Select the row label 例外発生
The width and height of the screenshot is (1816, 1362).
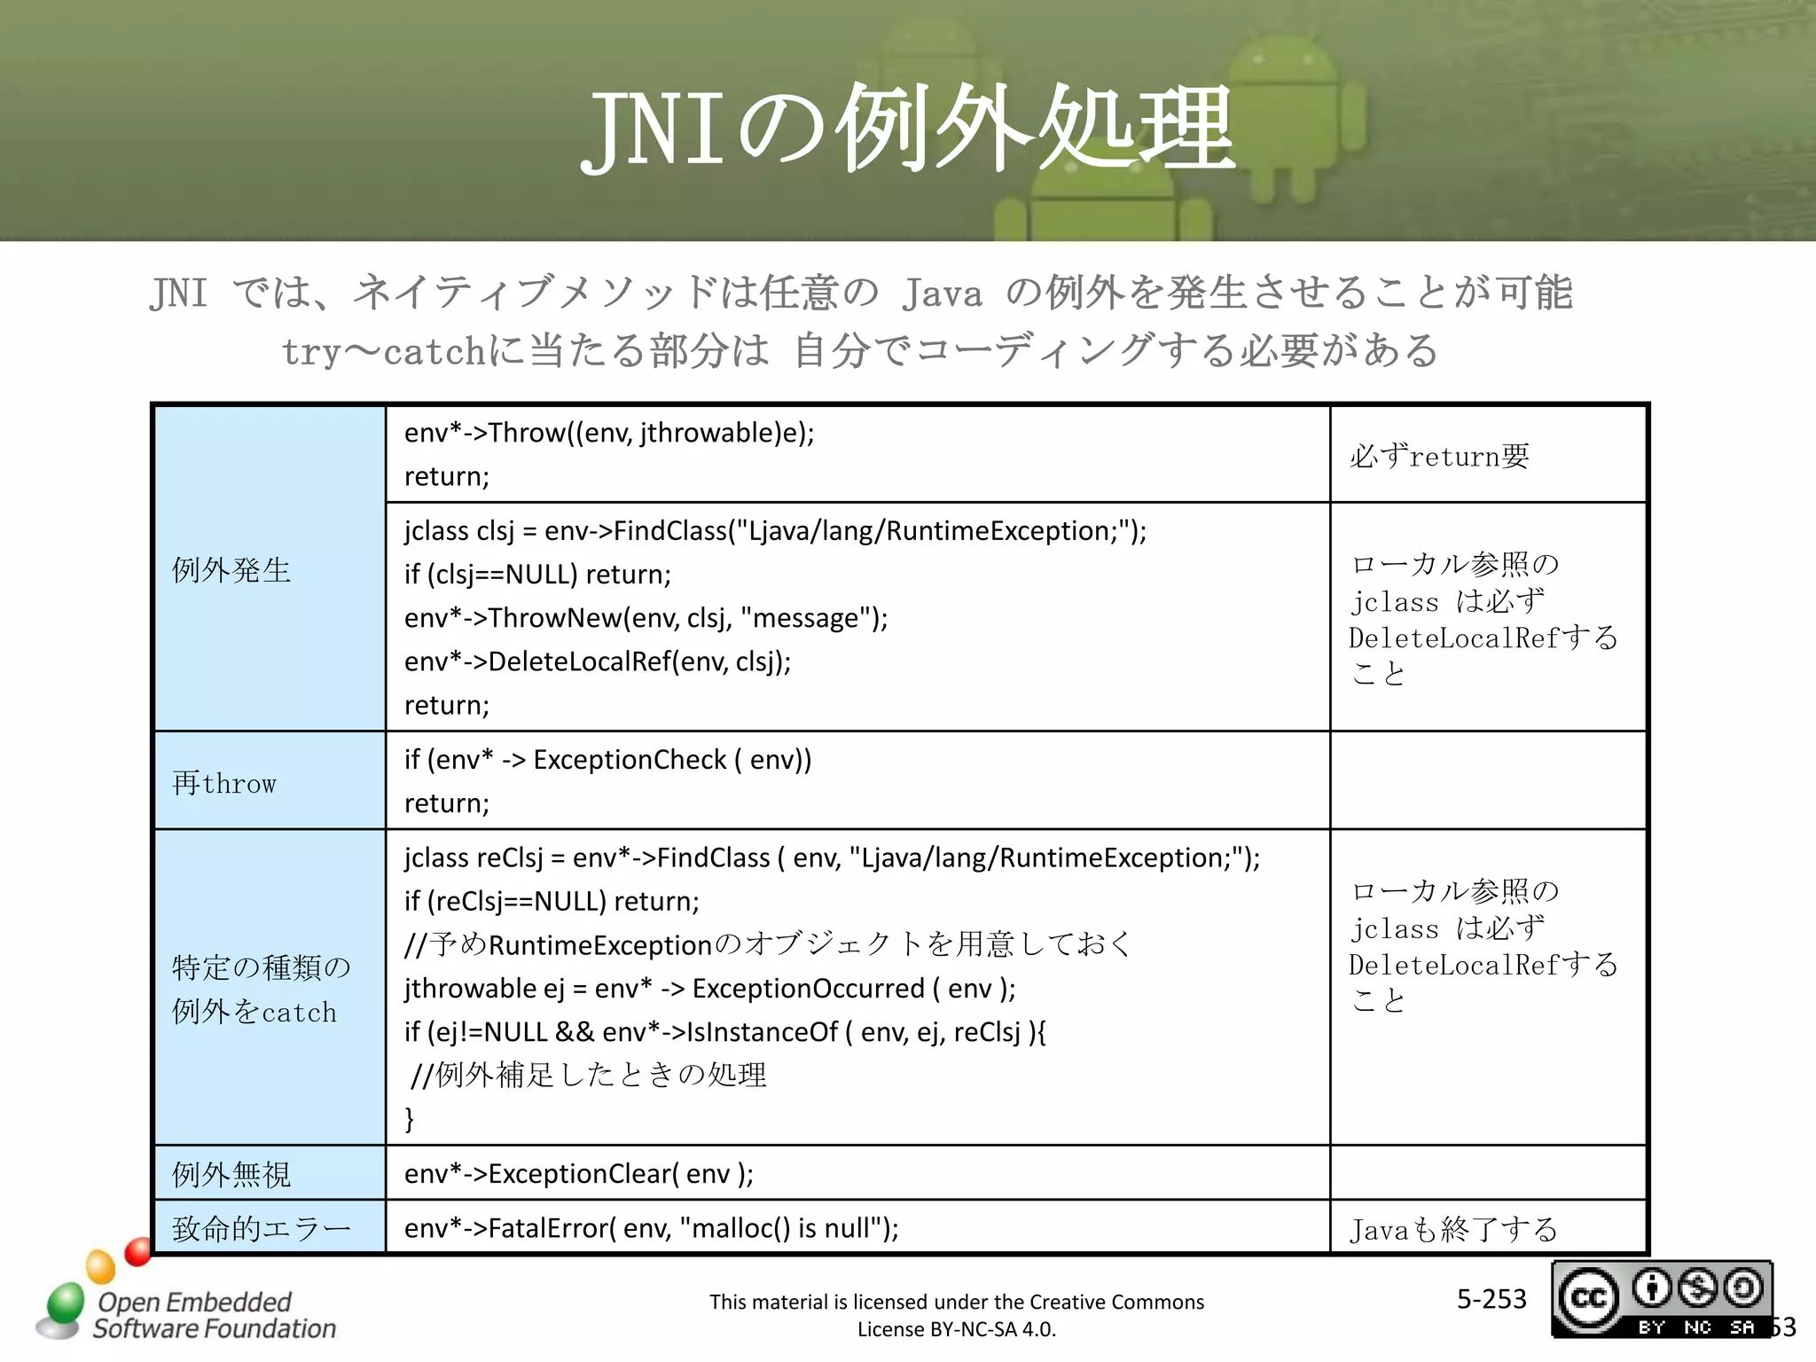(231, 570)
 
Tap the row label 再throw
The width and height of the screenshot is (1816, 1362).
(224, 783)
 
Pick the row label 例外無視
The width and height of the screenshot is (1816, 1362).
(231, 1174)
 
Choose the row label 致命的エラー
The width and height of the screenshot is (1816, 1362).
(262, 1229)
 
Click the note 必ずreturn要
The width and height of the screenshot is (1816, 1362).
(1439, 457)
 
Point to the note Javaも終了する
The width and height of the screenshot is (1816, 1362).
(1453, 1230)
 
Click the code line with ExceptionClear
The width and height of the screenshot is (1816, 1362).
(579, 1174)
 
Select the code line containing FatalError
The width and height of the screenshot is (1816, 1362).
(651, 1228)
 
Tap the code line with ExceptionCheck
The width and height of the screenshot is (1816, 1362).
(607, 760)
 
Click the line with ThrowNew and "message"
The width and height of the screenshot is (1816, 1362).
(646, 618)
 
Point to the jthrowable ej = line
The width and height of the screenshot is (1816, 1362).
(709, 989)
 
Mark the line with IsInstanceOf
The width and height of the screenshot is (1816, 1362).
(724, 1032)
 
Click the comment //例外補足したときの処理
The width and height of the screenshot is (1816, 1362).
(589, 1076)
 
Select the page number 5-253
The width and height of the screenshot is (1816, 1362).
(1491, 1299)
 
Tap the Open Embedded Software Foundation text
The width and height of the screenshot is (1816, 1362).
(214, 1315)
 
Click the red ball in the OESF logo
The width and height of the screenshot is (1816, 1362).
(138, 1251)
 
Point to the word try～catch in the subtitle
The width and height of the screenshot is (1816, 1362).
(383, 351)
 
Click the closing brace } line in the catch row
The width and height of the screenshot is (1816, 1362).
(409, 1119)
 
